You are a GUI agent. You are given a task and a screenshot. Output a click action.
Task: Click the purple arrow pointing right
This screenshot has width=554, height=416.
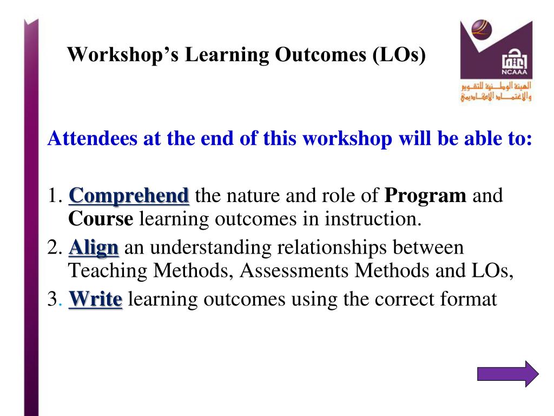point(507,374)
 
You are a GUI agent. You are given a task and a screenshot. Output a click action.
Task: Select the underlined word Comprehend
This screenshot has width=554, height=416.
point(129,196)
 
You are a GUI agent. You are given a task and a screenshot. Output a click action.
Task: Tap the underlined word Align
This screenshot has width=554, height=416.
point(94,248)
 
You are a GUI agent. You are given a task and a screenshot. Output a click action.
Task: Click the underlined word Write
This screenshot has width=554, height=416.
point(95,299)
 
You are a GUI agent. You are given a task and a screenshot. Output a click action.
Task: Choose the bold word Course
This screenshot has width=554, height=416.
point(101,219)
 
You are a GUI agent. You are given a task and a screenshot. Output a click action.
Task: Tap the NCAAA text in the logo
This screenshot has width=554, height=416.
point(514,72)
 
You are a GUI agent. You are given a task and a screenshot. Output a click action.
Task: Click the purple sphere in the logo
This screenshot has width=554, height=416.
point(481,30)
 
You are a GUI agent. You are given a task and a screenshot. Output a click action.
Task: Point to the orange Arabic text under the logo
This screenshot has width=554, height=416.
point(496,91)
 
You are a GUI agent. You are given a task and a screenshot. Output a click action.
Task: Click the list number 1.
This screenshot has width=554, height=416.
point(55,196)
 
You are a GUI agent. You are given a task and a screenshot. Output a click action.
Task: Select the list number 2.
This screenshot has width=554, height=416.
point(55,247)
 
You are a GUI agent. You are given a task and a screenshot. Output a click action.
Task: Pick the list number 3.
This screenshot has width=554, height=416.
point(55,299)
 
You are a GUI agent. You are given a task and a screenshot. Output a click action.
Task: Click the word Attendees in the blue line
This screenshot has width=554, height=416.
point(92,138)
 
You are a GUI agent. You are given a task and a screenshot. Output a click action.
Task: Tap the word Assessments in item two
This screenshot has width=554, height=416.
point(294,271)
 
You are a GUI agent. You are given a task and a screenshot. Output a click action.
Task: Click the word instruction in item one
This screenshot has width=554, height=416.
point(373,219)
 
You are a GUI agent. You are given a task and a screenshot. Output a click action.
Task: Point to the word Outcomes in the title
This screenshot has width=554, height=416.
point(320,55)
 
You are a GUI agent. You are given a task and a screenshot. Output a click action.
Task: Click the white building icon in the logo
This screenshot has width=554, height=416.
point(515,60)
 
